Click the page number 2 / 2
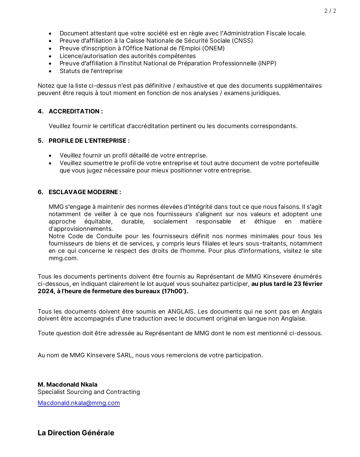[x=330, y=11]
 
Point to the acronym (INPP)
[x=267, y=63]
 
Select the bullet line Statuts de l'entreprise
[x=91, y=71]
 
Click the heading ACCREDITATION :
[x=76, y=111]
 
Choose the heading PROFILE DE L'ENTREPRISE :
[x=89, y=141]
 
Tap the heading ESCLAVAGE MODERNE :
[x=85, y=192]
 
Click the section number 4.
[x=40, y=111]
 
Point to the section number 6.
[x=40, y=192]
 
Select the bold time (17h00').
[x=175, y=291]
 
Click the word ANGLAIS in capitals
[x=181, y=312]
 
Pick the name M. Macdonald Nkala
[x=67, y=385]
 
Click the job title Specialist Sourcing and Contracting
[x=89, y=392]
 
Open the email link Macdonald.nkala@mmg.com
[x=79, y=403]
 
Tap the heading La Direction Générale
[x=76, y=433]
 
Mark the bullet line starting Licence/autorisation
[x=127, y=56]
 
